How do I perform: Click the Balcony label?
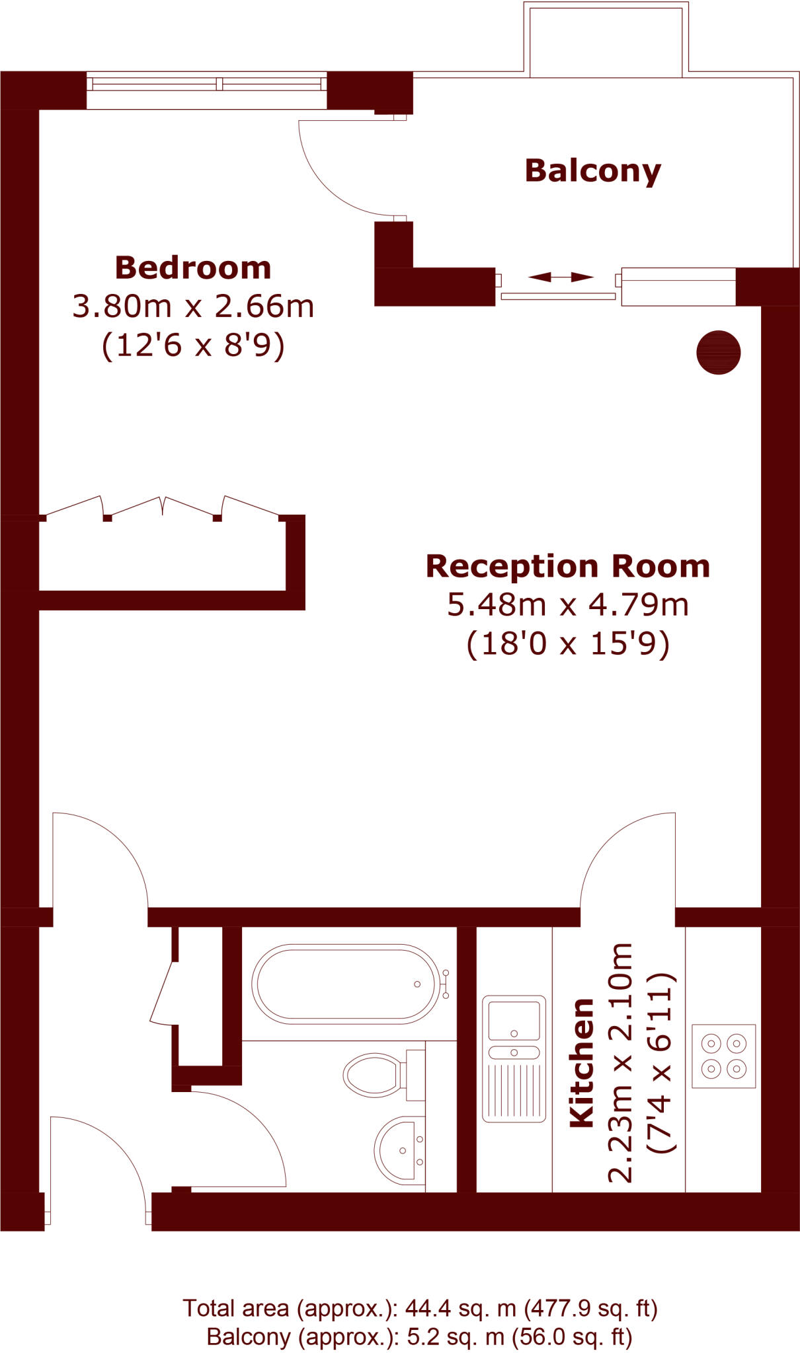point(592,171)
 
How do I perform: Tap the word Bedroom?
point(193,268)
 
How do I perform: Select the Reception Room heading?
point(567,566)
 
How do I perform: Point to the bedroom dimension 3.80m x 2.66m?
point(193,307)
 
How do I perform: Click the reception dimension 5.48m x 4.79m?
point(567,604)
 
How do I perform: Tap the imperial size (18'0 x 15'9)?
point(567,643)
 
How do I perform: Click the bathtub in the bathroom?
point(345,984)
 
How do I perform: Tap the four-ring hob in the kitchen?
point(723,1056)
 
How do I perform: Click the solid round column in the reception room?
point(718,352)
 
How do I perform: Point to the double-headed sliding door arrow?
point(561,277)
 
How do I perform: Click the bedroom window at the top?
point(206,84)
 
